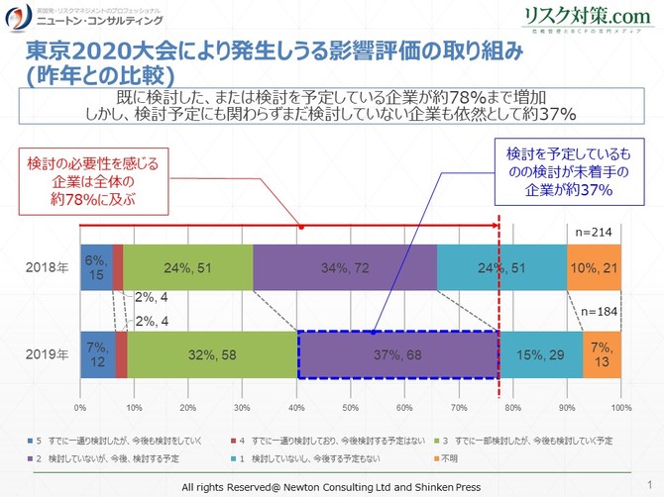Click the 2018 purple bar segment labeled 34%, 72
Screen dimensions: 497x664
[345, 267]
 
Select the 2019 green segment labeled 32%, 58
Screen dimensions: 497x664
[212, 353]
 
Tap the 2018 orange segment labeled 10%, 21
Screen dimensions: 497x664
[594, 267]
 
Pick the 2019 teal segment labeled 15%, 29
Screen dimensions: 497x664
[540, 353]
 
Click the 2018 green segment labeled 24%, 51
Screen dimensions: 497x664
[189, 267]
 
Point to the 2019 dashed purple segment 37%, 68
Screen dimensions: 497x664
[397, 353]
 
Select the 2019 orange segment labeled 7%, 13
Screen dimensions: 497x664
[602, 353]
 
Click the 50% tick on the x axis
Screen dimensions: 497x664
[350, 407]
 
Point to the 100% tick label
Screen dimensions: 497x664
[620, 407]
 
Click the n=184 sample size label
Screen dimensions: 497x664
[598, 311]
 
